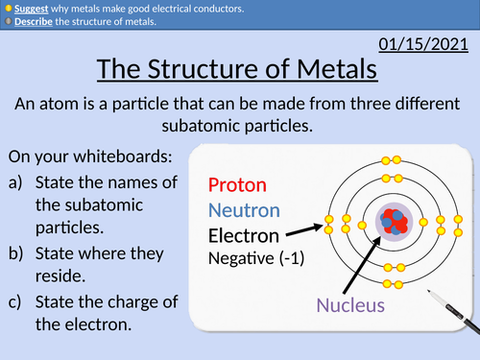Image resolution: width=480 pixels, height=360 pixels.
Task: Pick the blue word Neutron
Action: [244, 209]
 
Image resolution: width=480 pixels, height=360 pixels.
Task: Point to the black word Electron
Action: [244, 235]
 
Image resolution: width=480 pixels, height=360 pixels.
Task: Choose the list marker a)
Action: [17, 181]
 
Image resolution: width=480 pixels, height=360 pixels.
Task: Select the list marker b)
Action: [17, 253]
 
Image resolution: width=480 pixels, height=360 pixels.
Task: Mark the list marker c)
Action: [17, 301]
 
